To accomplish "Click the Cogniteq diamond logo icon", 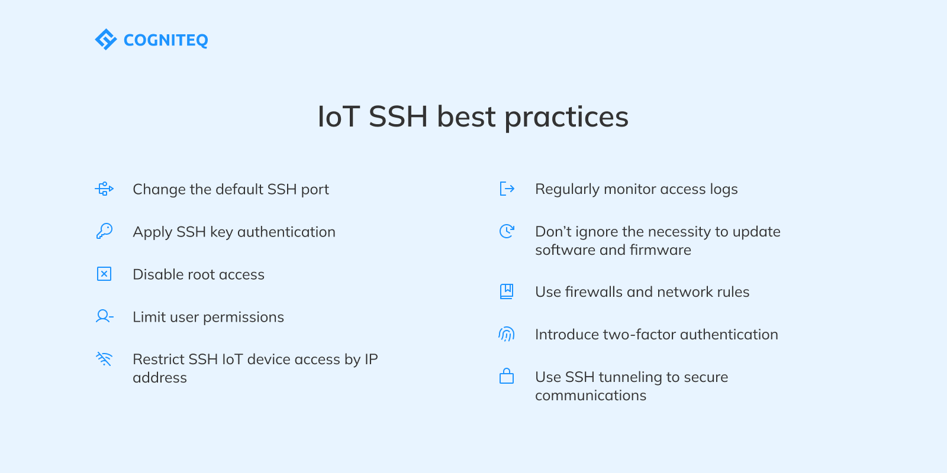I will click(x=106, y=40).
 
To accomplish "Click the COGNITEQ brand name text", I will click(x=166, y=40).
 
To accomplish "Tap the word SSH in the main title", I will click(x=398, y=116).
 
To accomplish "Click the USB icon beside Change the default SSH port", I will click(x=104, y=189).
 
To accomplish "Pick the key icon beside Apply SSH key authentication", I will click(x=104, y=231).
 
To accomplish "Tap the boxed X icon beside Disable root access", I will click(x=104, y=274).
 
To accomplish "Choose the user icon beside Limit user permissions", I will click(x=104, y=316).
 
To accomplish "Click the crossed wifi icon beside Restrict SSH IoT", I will click(x=104, y=359).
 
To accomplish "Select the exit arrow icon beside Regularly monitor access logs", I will click(x=507, y=189).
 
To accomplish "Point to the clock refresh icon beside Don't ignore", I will click(x=507, y=231).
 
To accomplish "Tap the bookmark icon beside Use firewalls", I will click(x=507, y=291).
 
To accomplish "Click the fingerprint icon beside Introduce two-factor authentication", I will click(x=507, y=334).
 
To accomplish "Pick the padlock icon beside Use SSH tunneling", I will click(x=507, y=376).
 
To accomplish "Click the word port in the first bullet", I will click(x=315, y=190).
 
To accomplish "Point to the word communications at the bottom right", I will click(x=591, y=396).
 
